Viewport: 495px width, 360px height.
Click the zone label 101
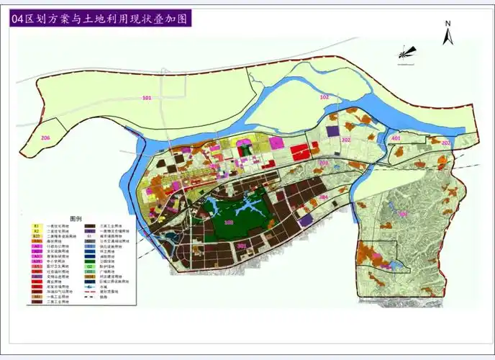click(x=147, y=97)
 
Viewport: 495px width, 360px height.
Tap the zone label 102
click(x=324, y=96)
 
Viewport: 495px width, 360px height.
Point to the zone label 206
click(x=46, y=138)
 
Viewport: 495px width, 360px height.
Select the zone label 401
click(x=395, y=138)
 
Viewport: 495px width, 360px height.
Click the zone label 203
click(x=324, y=163)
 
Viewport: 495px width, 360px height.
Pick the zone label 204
click(x=324, y=197)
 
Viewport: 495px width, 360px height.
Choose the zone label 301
click(x=242, y=246)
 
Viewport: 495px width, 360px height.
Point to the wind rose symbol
click(x=407, y=51)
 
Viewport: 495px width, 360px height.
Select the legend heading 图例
click(x=76, y=217)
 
